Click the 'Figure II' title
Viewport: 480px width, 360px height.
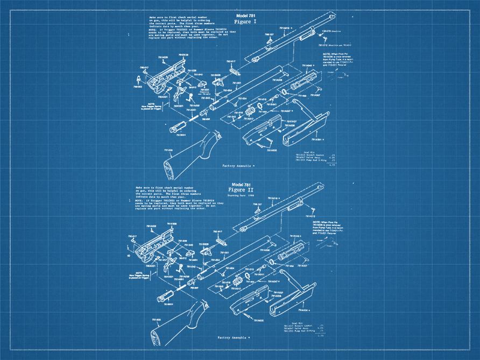coord(240,190)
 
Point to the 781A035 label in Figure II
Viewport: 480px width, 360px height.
coord(257,320)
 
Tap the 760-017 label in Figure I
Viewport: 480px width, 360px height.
coord(144,67)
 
